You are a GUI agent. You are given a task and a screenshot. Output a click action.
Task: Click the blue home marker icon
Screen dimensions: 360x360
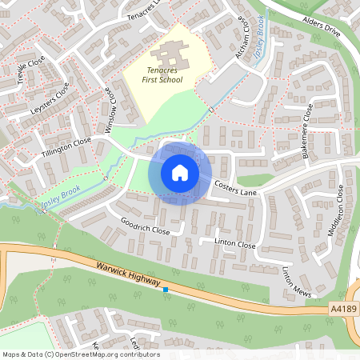pyautogui.click(x=180, y=172)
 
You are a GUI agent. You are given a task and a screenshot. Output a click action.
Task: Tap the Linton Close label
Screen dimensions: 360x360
pyautogui.click(x=234, y=242)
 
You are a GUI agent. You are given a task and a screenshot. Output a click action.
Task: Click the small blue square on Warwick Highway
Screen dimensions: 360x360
pyautogui.click(x=166, y=290)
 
